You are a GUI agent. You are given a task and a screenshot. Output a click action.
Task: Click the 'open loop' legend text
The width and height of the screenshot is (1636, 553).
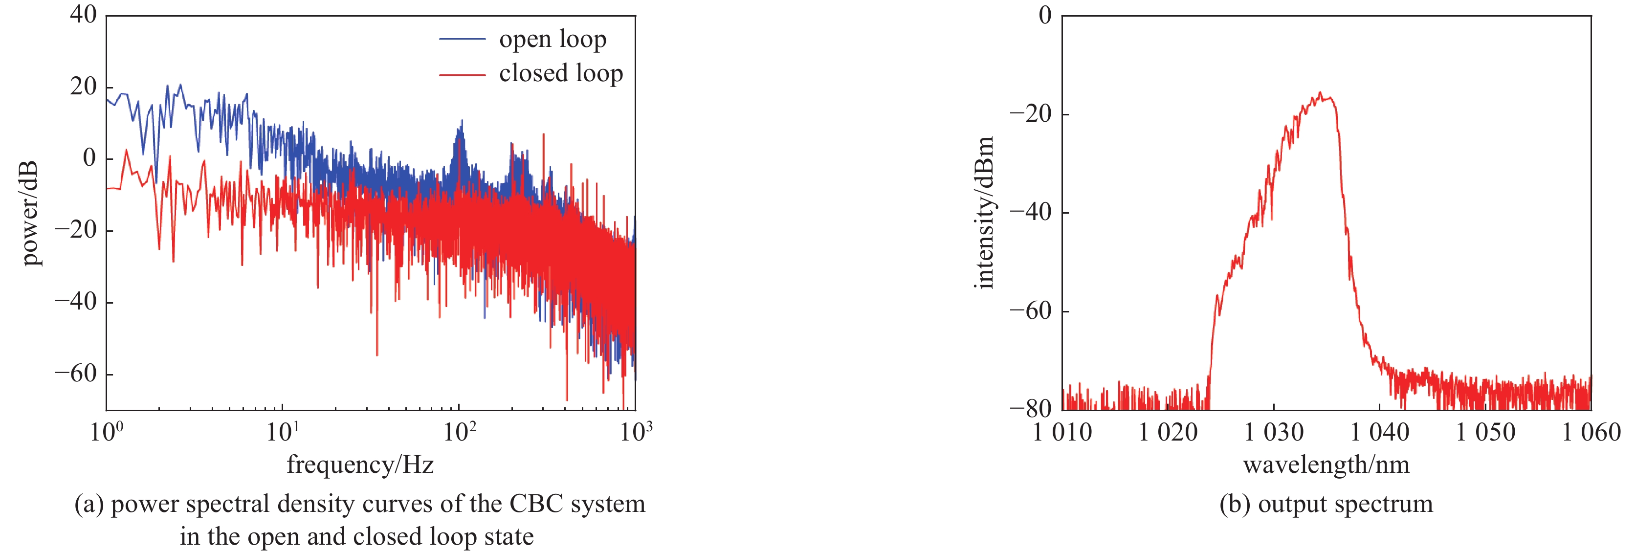(553, 40)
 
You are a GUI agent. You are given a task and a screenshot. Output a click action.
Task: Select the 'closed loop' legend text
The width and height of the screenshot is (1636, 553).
(561, 74)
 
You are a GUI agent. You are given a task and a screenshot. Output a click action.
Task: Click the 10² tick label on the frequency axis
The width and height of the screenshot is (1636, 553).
(459, 432)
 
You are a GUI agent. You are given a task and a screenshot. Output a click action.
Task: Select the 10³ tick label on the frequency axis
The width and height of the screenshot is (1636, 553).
(636, 432)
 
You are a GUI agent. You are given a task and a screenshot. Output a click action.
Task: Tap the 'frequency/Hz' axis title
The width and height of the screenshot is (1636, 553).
(360, 465)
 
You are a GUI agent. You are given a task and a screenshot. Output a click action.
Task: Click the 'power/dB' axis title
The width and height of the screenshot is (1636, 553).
(29, 213)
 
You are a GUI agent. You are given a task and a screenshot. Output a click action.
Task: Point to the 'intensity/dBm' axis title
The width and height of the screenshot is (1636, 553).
(984, 213)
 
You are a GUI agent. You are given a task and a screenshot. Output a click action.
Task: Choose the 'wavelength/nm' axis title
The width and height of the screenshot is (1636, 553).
(1326, 465)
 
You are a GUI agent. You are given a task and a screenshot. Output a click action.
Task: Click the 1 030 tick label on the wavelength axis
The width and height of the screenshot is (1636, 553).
(1273, 432)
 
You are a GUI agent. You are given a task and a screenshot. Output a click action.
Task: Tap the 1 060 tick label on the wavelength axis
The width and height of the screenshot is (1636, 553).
(1591, 432)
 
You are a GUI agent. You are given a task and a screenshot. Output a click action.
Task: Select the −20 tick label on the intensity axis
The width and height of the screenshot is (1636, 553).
(1030, 114)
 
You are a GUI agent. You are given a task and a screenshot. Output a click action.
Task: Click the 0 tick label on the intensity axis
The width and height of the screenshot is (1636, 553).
(1045, 15)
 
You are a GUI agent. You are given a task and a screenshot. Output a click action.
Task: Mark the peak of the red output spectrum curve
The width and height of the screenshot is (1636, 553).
(1320, 93)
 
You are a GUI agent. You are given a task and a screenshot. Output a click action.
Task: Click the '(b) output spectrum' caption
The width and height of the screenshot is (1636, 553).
(1326, 504)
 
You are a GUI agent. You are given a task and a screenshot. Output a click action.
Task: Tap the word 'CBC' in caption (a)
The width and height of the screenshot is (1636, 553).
(536, 504)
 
